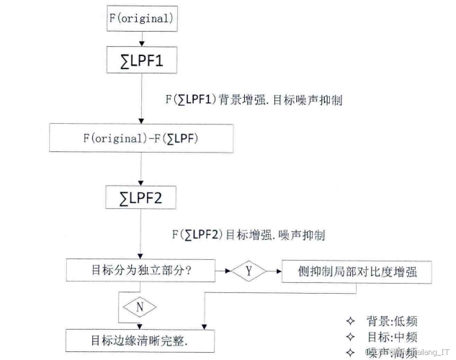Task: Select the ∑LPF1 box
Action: coord(140,61)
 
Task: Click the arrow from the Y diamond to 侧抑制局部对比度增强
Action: coord(274,272)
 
